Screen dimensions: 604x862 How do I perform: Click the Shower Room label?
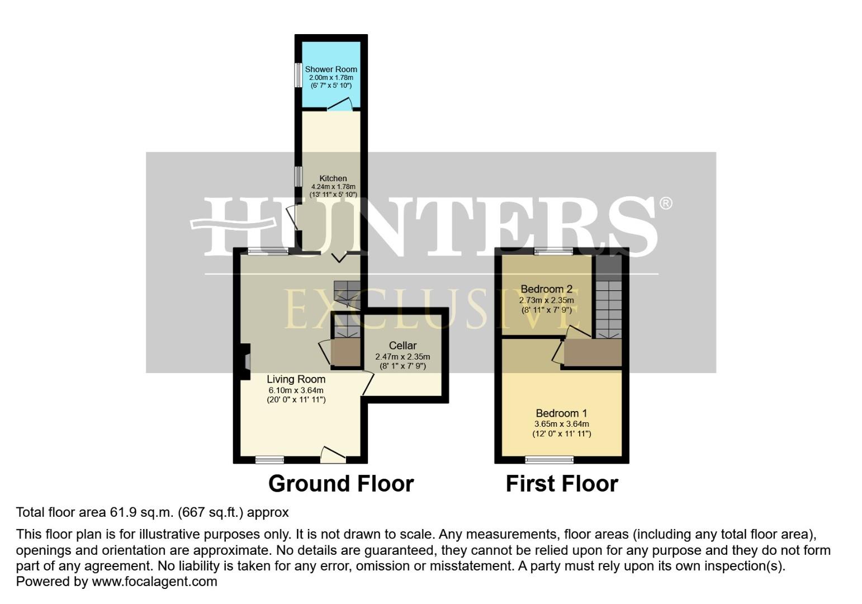click(x=331, y=69)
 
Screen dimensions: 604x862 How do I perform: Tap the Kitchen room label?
click(x=333, y=178)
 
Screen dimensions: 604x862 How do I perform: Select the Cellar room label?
click(x=402, y=346)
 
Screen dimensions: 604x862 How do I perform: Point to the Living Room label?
click(x=296, y=379)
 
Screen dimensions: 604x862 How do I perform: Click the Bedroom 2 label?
click(x=546, y=289)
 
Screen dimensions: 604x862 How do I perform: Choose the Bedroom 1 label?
click(x=561, y=413)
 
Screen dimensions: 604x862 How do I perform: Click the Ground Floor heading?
click(x=341, y=484)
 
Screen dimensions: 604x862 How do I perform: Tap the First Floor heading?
click(x=562, y=484)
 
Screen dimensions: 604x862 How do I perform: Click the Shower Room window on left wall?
click(x=299, y=75)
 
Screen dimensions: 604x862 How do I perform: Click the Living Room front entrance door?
click(x=334, y=455)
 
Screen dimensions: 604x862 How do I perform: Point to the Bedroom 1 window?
click(x=549, y=460)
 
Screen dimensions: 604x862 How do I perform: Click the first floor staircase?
click(x=608, y=308)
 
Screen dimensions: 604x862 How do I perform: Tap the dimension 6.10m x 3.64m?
click(x=296, y=390)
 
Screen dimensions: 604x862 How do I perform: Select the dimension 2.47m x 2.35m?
click(x=402, y=356)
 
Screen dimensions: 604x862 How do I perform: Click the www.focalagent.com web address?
click(x=154, y=582)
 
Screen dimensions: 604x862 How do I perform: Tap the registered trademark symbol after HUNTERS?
click(x=666, y=203)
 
